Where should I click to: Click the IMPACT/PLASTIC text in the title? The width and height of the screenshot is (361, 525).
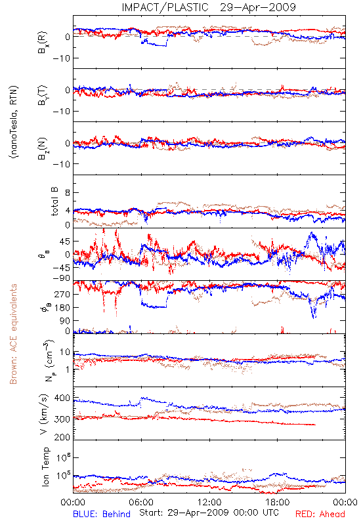pyautogui.click(x=165, y=7)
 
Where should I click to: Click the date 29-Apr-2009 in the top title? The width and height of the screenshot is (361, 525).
pyautogui.click(x=258, y=7)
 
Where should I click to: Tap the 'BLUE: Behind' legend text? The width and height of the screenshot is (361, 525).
pyautogui.click(x=102, y=514)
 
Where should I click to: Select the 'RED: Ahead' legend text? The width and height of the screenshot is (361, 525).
pyautogui.click(x=320, y=514)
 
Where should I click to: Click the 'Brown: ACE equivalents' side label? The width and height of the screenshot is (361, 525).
pyautogui.click(x=13, y=334)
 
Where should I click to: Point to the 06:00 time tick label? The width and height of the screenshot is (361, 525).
pyautogui.click(x=141, y=502)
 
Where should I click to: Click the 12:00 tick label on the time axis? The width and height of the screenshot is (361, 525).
pyautogui.click(x=209, y=502)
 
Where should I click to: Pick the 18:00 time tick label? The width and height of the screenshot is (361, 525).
pyautogui.click(x=278, y=502)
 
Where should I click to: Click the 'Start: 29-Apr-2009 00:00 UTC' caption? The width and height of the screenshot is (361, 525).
pyautogui.click(x=209, y=513)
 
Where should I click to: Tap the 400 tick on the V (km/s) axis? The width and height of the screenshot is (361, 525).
pyautogui.click(x=62, y=398)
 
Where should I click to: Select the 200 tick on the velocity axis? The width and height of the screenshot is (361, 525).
pyautogui.click(x=62, y=437)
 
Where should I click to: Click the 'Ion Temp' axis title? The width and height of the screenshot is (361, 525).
pyautogui.click(x=45, y=467)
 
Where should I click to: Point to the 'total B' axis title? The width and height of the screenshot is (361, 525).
pyautogui.click(x=54, y=201)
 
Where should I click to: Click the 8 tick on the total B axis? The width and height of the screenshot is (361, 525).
pyautogui.click(x=68, y=193)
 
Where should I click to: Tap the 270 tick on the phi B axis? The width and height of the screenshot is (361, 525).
pyautogui.click(x=62, y=294)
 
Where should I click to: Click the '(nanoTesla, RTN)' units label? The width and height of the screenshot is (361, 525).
pyautogui.click(x=14, y=121)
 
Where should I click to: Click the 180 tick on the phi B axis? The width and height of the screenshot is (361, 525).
pyautogui.click(x=62, y=308)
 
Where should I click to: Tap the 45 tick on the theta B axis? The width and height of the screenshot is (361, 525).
pyautogui.click(x=65, y=241)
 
